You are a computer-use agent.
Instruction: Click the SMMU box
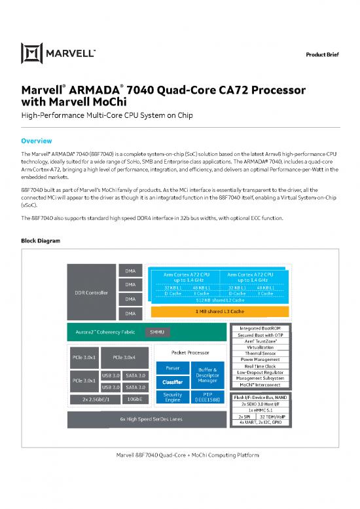tap(157, 332)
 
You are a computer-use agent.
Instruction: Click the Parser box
tap(173, 368)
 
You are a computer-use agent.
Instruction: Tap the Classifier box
tap(173, 381)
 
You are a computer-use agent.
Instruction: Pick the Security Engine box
tap(173, 397)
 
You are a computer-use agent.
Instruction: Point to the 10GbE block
tap(134, 399)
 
